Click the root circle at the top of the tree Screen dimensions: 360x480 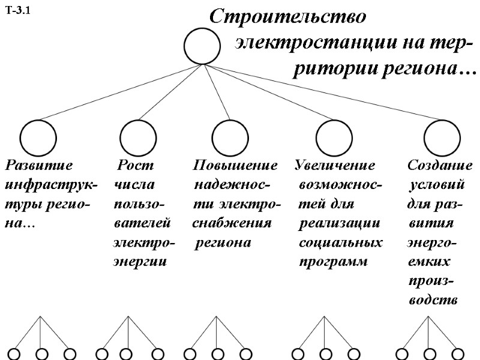pos(203,46)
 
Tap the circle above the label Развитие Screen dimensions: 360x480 pos(38,137)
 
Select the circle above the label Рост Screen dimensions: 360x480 pos(138,137)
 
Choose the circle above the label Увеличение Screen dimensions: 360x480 pos(334,137)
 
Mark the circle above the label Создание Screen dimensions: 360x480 pos(442,137)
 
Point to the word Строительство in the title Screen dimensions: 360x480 pos(287,17)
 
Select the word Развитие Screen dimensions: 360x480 pos(39,164)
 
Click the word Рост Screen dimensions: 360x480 pos(135,164)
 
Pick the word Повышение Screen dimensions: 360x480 pos(235,164)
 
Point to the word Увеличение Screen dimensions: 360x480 pos(335,164)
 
